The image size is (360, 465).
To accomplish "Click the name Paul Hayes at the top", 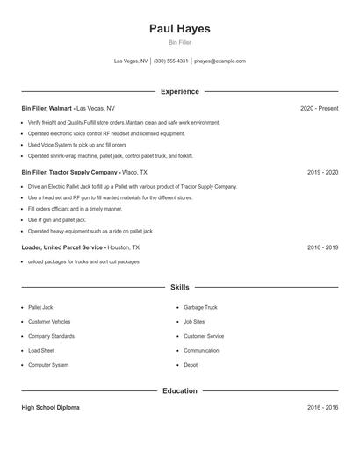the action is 180,28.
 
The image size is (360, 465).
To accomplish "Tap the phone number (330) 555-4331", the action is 171,61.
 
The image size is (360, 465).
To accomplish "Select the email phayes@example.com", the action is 220,61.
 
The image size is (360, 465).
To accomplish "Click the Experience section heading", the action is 180,91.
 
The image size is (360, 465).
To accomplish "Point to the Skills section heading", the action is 180,287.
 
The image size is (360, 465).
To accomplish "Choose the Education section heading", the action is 180,390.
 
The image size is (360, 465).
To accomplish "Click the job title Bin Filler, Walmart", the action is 47,108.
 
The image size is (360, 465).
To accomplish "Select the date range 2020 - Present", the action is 319,108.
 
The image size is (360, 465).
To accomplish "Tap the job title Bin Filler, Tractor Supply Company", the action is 68,173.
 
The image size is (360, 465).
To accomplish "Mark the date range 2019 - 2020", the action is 322,173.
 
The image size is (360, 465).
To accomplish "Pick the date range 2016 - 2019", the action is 322,247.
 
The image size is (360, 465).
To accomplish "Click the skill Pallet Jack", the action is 40,308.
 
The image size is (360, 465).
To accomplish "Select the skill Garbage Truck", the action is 200,308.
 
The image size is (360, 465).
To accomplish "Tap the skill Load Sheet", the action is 40,350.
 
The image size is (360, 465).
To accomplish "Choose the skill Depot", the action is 191,364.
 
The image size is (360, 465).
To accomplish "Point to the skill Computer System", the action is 48,364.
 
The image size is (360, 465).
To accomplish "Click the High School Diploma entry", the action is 51,408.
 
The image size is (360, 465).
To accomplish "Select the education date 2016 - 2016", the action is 322,408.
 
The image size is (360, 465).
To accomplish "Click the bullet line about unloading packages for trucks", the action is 83,261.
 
